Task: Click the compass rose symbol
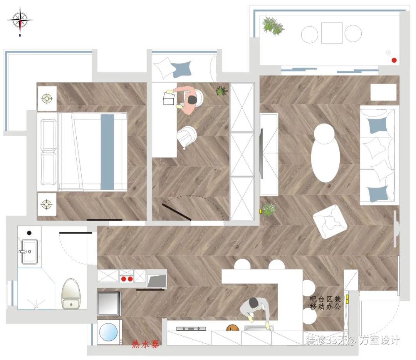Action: click(x=20, y=21)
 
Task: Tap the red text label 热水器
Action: click(x=145, y=344)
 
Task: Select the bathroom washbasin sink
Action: click(x=29, y=251)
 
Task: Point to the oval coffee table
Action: click(x=325, y=158)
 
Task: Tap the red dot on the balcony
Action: click(x=394, y=60)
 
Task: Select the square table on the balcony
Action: click(x=332, y=33)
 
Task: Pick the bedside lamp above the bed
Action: click(x=47, y=99)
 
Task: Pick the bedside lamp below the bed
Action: click(x=47, y=204)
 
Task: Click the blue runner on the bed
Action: click(x=107, y=152)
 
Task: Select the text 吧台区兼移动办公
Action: click(x=325, y=303)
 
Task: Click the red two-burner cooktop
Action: click(x=127, y=279)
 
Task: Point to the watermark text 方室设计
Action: click(x=380, y=340)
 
